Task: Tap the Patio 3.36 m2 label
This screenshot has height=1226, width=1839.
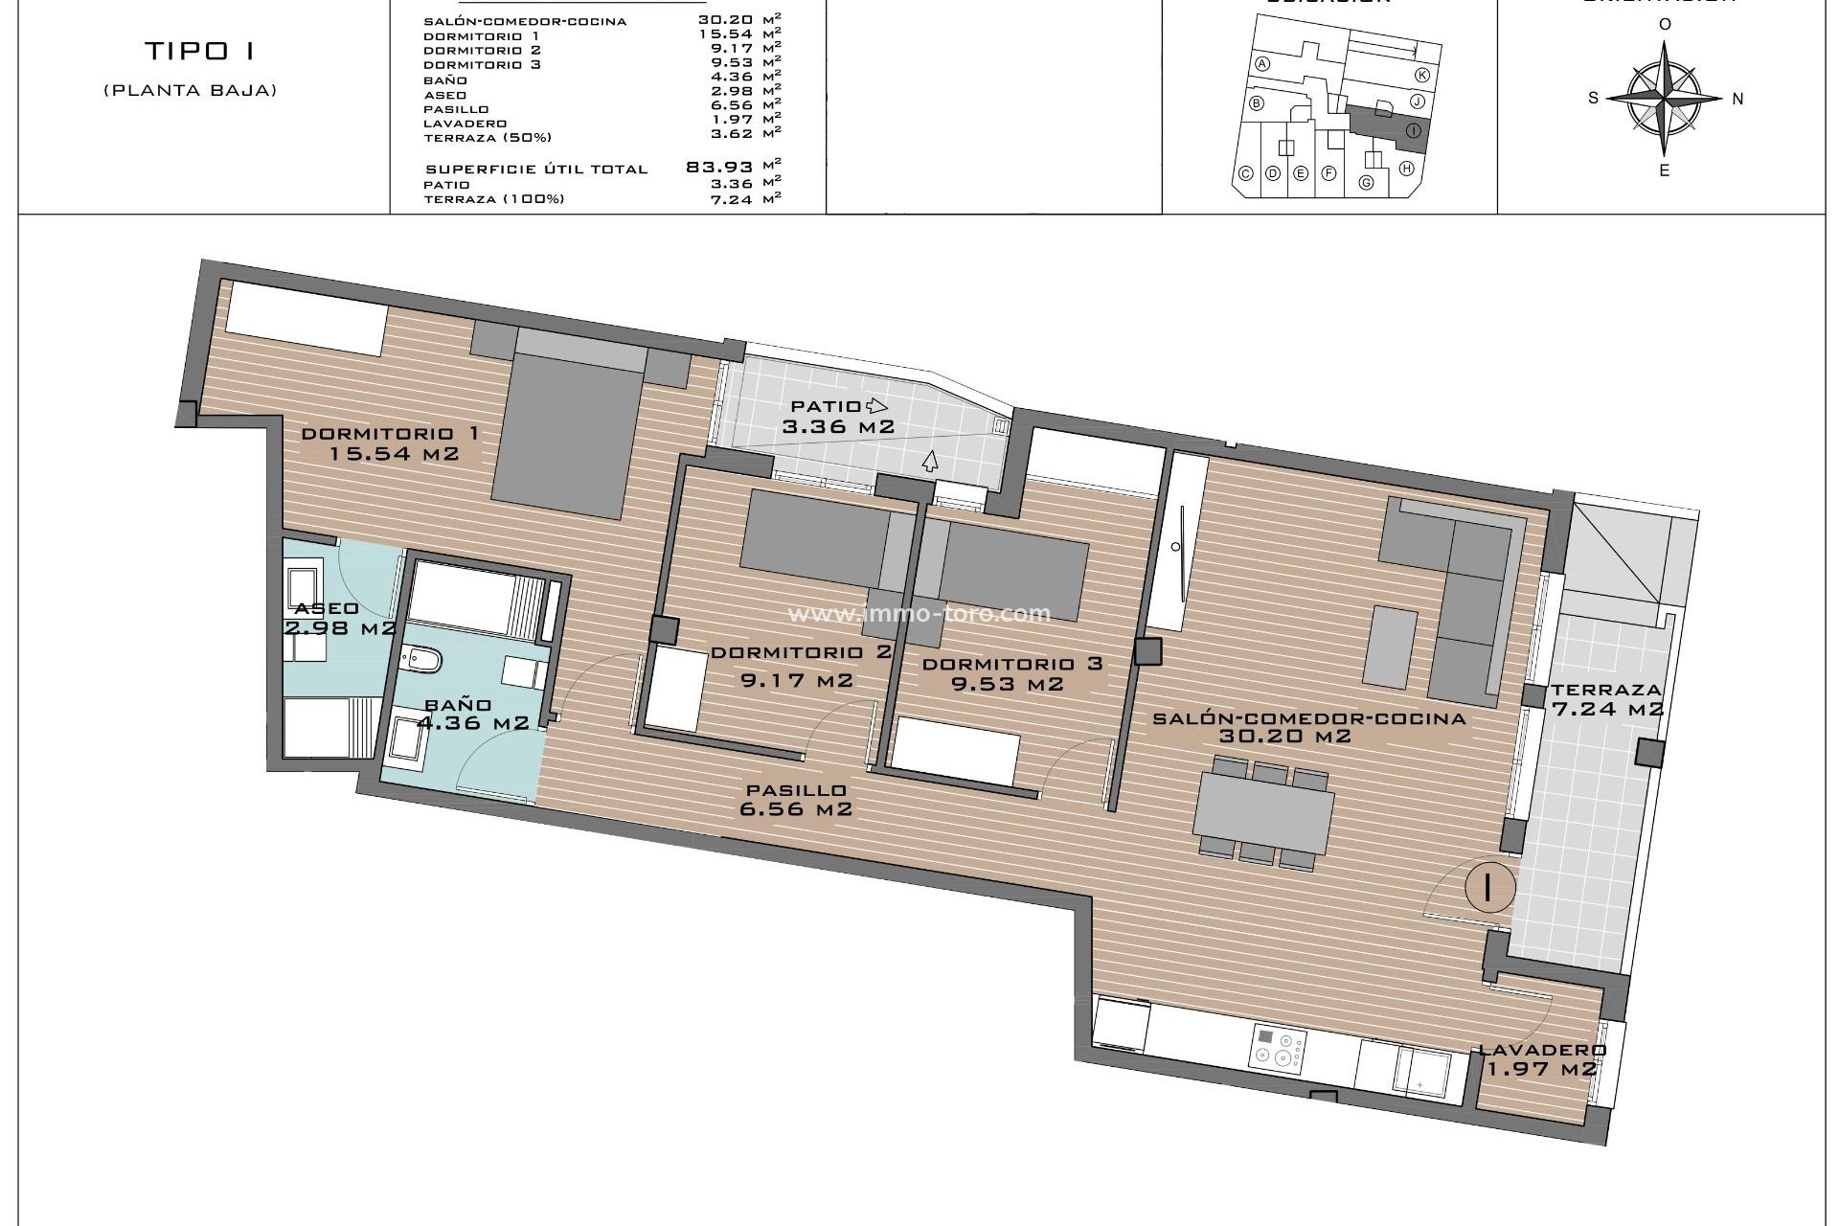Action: point(838,417)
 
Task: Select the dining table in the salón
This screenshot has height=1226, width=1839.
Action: point(1263,813)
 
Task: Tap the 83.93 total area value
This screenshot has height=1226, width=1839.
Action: point(720,167)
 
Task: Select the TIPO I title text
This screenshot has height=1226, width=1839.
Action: point(200,51)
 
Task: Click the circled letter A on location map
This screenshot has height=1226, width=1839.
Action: point(1262,64)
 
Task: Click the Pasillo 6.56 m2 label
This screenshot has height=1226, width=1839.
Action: point(795,799)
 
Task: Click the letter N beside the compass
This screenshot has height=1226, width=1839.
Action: point(1737,98)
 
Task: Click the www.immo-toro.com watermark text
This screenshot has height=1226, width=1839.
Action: point(919,613)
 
